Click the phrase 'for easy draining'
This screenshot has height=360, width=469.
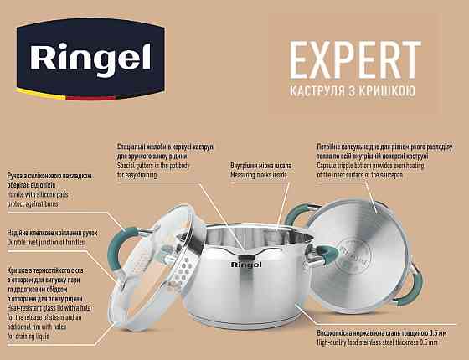tap(142, 175)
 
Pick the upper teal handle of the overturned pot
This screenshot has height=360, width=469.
tap(307, 220)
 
